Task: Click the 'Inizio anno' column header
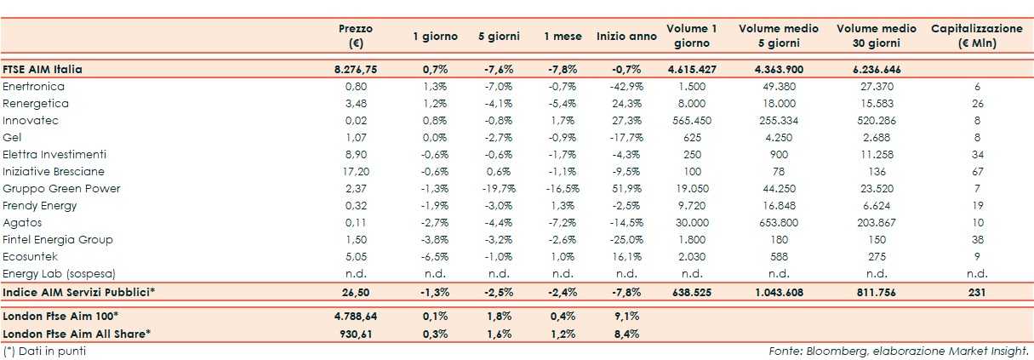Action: [626, 37]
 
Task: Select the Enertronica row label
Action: [34, 87]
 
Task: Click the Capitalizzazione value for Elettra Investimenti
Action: [976, 155]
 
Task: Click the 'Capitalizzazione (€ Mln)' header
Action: [976, 36]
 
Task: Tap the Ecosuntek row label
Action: [31, 257]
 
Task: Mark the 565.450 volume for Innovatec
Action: [691, 121]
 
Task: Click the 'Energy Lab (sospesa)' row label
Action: [59, 274]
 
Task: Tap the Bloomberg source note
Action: [899, 351]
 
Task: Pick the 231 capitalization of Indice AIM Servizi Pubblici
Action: [976, 293]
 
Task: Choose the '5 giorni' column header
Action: [498, 37]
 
